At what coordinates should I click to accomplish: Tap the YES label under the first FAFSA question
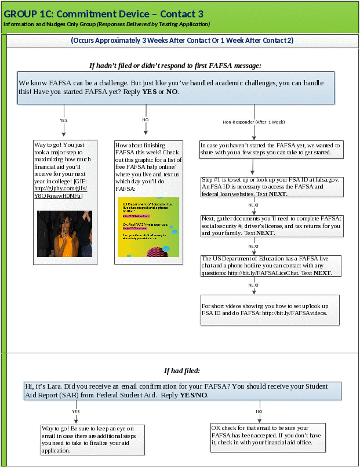click(64, 120)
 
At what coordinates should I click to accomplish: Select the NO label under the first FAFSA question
click(146, 120)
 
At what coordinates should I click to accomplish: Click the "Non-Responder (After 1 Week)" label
click(254, 122)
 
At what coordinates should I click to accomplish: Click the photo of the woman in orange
click(64, 233)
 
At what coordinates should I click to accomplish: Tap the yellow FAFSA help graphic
click(148, 227)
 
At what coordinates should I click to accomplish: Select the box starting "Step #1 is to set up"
click(270, 187)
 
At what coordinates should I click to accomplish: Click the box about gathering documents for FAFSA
click(270, 226)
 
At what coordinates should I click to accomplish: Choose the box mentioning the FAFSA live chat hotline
click(270, 265)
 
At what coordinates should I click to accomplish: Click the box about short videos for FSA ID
click(270, 309)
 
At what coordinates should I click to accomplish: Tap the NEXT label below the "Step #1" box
click(253, 205)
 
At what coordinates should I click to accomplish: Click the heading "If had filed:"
click(181, 371)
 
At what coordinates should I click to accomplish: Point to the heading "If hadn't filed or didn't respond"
click(174, 65)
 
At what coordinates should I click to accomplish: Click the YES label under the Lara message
click(75, 411)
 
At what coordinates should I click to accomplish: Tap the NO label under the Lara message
click(259, 411)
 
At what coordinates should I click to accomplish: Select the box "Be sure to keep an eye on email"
click(92, 439)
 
